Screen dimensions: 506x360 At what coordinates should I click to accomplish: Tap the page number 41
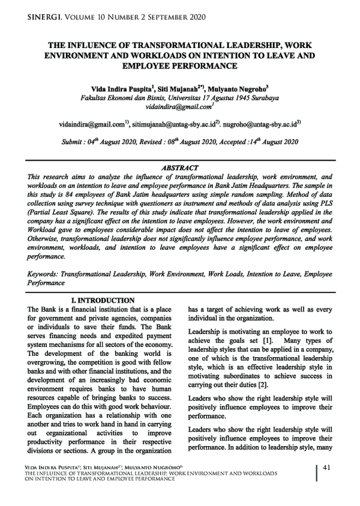tap(327, 467)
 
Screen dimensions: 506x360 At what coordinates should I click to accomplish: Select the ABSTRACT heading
tap(180, 167)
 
